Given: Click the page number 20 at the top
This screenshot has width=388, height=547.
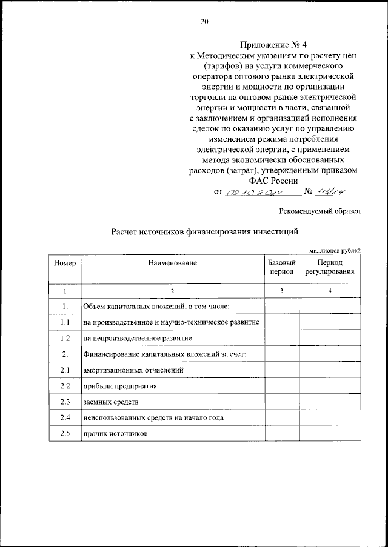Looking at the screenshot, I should [x=204, y=22].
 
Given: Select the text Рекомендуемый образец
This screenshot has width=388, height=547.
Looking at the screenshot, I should [x=319, y=211].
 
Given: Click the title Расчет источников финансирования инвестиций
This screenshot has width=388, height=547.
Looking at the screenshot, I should [x=204, y=231].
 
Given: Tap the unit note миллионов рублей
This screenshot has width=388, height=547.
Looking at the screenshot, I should [x=335, y=250].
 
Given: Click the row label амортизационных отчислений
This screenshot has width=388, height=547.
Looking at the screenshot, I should [x=133, y=370].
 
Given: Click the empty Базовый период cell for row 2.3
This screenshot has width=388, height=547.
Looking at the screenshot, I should [x=281, y=402].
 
